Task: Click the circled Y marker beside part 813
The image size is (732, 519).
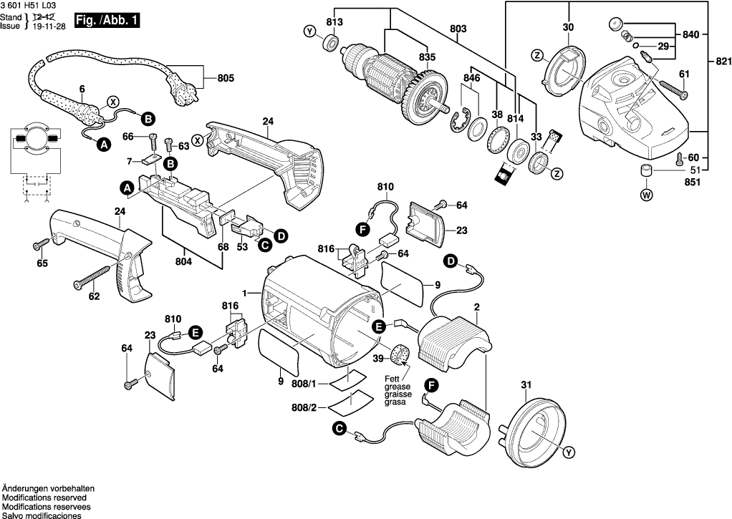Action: [309, 31]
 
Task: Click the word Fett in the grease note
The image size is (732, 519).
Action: [392, 379]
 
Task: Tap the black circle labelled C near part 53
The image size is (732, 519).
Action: [265, 246]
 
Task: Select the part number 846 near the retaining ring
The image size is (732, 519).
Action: [471, 77]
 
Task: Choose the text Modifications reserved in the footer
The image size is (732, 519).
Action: [44, 497]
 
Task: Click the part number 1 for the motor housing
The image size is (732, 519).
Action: [244, 294]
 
